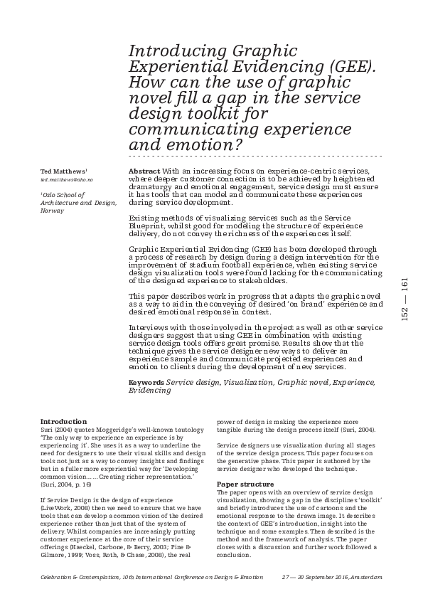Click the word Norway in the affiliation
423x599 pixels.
click(x=52, y=211)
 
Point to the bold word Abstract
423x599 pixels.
click(x=144, y=172)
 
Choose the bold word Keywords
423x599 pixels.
click(x=145, y=383)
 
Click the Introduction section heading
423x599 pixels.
click(x=63, y=422)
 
